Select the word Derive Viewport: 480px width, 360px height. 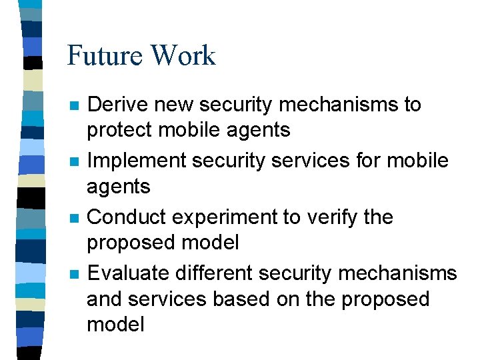(x=117, y=105)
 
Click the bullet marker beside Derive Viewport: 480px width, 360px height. (x=74, y=105)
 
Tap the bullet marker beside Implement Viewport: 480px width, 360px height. (x=74, y=161)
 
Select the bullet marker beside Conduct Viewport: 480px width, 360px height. (x=74, y=218)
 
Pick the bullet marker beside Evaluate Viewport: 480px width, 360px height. (x=74, y=273)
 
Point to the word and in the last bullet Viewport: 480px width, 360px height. (x=105, y=299)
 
